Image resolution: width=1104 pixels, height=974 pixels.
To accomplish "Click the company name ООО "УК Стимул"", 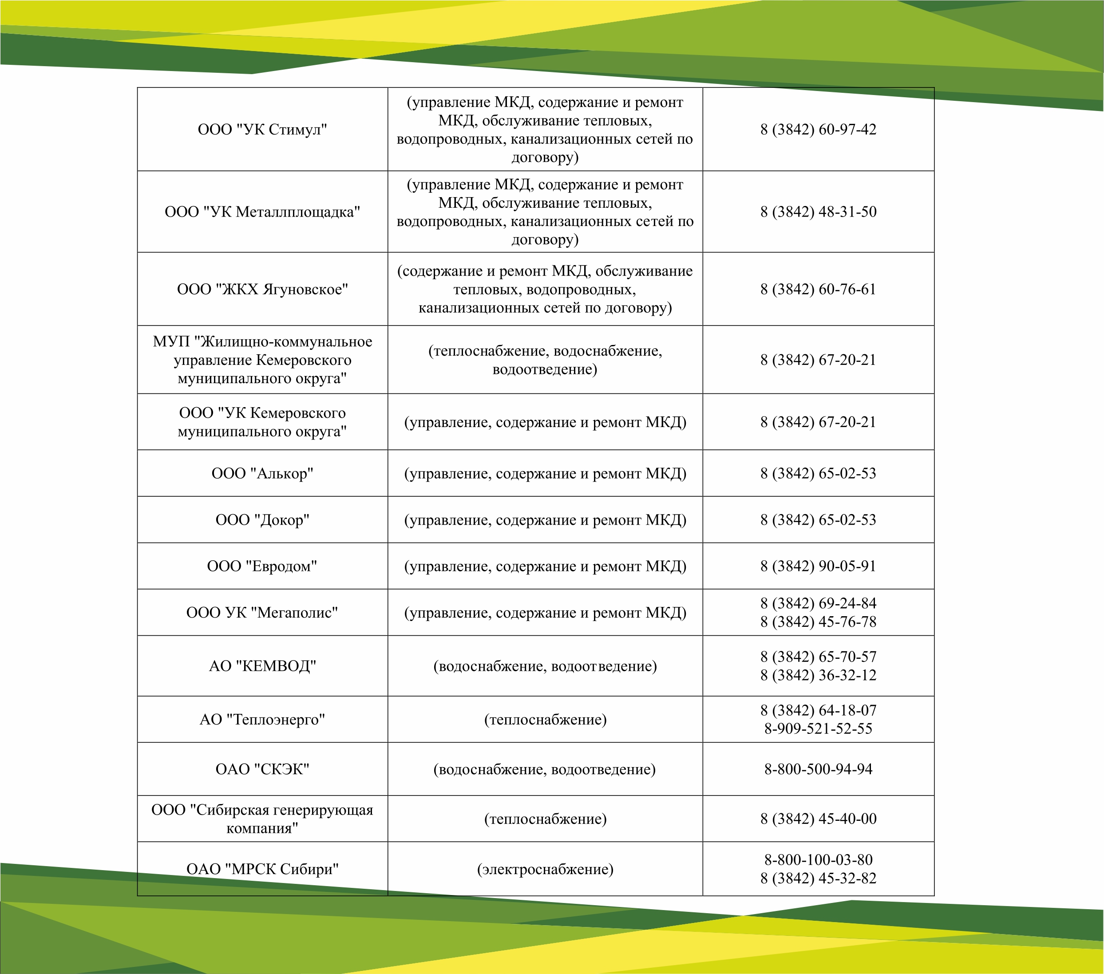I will click(262, 130).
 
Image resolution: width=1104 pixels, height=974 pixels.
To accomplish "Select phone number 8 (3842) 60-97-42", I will click(818, 130).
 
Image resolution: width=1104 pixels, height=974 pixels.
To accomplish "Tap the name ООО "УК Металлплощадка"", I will click(262, 212).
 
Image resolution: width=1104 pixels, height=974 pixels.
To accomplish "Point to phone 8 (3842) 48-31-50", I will click(818, 212).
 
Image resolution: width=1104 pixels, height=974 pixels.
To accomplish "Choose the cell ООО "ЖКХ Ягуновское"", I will click(262, 289).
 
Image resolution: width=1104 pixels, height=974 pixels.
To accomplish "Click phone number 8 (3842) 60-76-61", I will click(818, 289).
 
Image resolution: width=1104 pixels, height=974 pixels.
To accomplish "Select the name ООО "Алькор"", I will click(262, 474).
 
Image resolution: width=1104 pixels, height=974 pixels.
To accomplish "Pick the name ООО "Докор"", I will click(262, 520).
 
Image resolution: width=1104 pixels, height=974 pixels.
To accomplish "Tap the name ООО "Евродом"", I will click(262, 566).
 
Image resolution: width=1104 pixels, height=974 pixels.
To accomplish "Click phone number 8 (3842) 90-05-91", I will click(818, 566).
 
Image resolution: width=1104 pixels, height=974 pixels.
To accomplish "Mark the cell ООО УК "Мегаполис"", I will click(262, 613).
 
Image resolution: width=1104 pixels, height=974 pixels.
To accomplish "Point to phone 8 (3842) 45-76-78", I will click(818, 622).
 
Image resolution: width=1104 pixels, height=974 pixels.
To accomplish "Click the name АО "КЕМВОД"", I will click(262, 666).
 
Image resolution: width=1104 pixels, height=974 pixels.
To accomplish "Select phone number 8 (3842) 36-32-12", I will click(818, 676).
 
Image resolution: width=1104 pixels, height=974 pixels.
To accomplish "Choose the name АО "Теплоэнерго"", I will click(262, 720).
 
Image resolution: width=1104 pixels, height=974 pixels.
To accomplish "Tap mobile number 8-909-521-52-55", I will click(818, 729).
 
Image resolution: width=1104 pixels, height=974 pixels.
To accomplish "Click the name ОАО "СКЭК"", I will click(262, 769).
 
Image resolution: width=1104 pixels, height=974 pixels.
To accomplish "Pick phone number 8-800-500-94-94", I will click(818, 769).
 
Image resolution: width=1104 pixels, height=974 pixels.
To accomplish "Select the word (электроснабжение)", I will click(545, 869).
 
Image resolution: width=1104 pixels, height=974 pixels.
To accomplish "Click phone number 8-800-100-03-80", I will click(818, 859).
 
